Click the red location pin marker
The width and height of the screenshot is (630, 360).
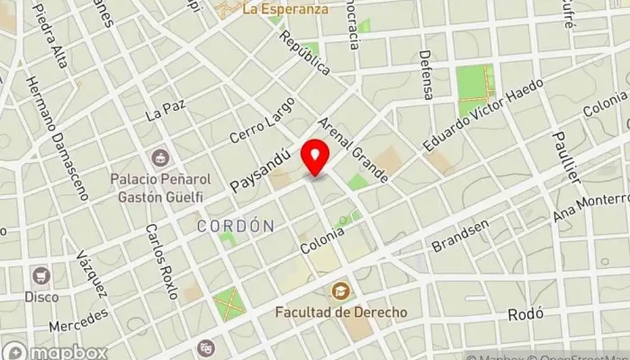pyautogui.click(x=315, y=157)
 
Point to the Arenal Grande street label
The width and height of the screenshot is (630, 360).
pyautogui.click(x=352, y=149)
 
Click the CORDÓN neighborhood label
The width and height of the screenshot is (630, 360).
pyautogui.click(x=235, y=226)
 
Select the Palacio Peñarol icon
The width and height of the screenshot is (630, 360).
pyautogui.click(x=159, y=159)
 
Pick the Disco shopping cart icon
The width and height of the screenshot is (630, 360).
pyautogui.click(x=40, y=275)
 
